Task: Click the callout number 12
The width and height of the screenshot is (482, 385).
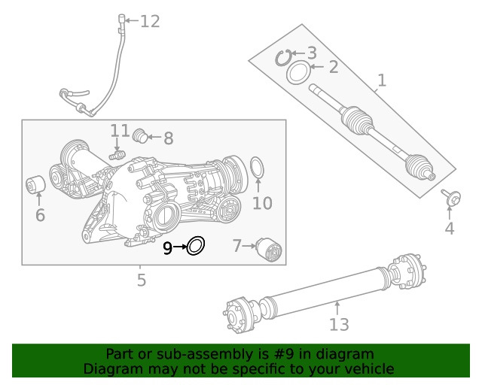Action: coord(150,21)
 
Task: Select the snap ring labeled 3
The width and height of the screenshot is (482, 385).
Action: coord(284,56)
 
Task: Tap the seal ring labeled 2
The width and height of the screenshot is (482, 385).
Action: coord(298,73)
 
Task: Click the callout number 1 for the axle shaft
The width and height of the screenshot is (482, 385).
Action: coord(382,80)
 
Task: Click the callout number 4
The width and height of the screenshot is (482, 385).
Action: coord(450,229)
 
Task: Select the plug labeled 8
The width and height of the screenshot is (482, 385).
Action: coord(139,136)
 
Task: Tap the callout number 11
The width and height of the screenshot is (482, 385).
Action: coord(120,132)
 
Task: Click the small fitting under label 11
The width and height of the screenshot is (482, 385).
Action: coord(116,155)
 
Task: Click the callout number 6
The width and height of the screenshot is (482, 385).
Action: coord(40,216)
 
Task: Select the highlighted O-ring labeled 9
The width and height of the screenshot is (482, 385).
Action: coord(196,245)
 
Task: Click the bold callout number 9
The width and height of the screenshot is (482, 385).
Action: coord(168,247)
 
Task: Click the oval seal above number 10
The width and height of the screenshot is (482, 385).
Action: coord(256,169)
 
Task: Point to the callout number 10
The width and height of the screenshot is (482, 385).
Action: coord(261,203)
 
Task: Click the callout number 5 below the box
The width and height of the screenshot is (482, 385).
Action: coord(141,281)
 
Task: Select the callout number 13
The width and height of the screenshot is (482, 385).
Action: coord(339,324)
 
